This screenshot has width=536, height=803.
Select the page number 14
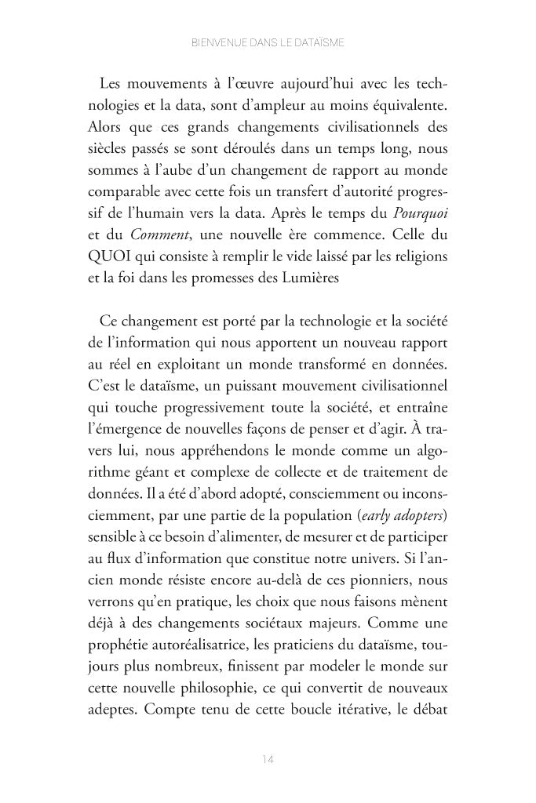click(x=267, y=759)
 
